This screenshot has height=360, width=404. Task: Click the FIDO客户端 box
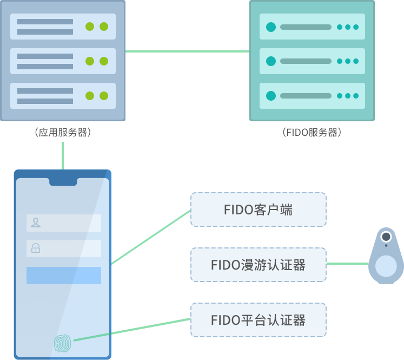pos(259,210)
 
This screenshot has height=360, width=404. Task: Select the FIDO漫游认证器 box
pos(259,265)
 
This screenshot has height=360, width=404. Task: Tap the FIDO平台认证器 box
pos(259,320)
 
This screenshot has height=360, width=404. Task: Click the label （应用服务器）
pos(62,132)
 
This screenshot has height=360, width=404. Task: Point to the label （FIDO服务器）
pos(312,132)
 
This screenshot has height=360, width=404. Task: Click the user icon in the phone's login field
pos(36,222)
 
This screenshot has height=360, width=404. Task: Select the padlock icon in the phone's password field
pos(36,248)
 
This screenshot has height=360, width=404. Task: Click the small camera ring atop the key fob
pos(386,237)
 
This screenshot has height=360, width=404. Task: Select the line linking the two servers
pos(187,51)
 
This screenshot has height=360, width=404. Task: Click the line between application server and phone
pos(63,156)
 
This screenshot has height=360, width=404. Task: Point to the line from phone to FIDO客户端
pos(151,237)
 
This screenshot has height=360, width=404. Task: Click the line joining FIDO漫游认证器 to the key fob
pos(347,264)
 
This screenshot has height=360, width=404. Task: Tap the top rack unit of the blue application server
pos(63,27)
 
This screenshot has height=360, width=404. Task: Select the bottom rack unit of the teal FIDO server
pos(312,96)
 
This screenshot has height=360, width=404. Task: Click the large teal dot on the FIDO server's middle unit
pos(271,61)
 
